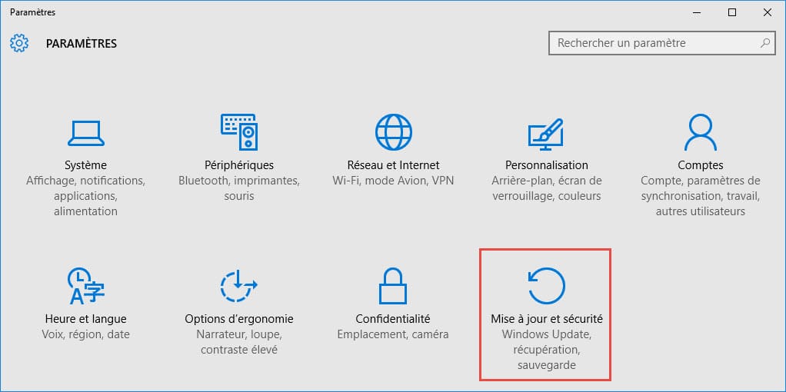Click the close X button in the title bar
pyautogui.click(x=767, y=12)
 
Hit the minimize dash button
pyautogui.click(x=698, y=12)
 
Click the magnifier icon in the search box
pyautogui.click(x=765, y=43)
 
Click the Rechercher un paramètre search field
pyautogui.click(x=661, y=43)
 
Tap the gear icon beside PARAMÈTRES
pyautogui.click(x=19, y=44)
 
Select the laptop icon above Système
pyautogui.click(x=85, y=133)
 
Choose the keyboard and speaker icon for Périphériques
pyautogui.click(x=239, y=132)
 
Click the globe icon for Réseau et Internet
pyautogui.click(x=394, y=132)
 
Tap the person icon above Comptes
pyautogui.click(x=701, y=132)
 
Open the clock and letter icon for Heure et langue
pyautogui.click(x=85, y=286)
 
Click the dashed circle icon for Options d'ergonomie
pyautogui.click(x=239, y=286)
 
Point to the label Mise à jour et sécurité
pyautogui.click(x=546, y=319)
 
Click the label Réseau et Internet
pyautogui.click(x=394, y=165)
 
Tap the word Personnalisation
pyautogui.click(x=546, y=165)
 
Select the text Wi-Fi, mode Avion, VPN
pyautogui.click(x=394, y=181)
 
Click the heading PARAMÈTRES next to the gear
pyautogui.click(x=82, y=44)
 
